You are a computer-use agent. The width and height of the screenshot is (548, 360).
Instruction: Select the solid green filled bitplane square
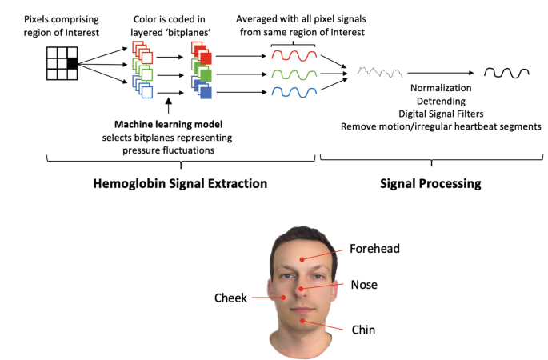[x=206, y=76]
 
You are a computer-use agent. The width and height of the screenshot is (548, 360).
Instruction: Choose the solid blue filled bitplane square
[x=206, y=94]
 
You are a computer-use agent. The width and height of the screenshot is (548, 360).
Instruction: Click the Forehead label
[x=374, y=249]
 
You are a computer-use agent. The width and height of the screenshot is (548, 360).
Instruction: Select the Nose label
[x=364, y=284]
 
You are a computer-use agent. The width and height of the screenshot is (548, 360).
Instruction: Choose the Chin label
[x=363, y=329]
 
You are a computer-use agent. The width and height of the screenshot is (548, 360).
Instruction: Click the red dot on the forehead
[x=302, y=258]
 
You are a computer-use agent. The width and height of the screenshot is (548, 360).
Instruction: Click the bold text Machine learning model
[x=168, y=124]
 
